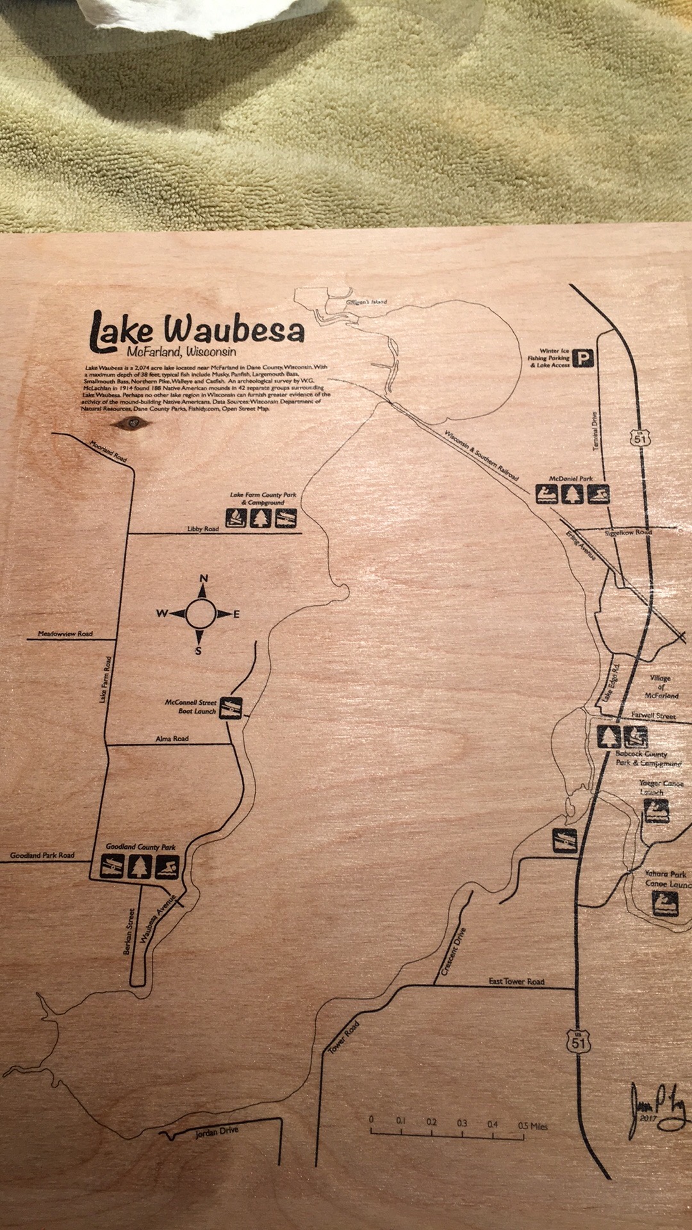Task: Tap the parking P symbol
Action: [583, 358]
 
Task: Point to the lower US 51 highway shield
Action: [578, 1042]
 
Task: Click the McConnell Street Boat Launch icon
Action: [231, 708]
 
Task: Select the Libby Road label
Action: [203, 529]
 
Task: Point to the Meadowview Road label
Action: [65, 634]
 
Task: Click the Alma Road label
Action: [172, 739]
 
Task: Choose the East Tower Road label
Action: [516, 981]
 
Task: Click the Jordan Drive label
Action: [217, 1132]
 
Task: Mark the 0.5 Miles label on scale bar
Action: [533, 1126]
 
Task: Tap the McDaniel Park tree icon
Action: [572, 494]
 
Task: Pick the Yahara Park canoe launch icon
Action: [665, 904]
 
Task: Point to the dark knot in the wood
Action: [133, 422]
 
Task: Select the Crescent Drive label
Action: [453, 955]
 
